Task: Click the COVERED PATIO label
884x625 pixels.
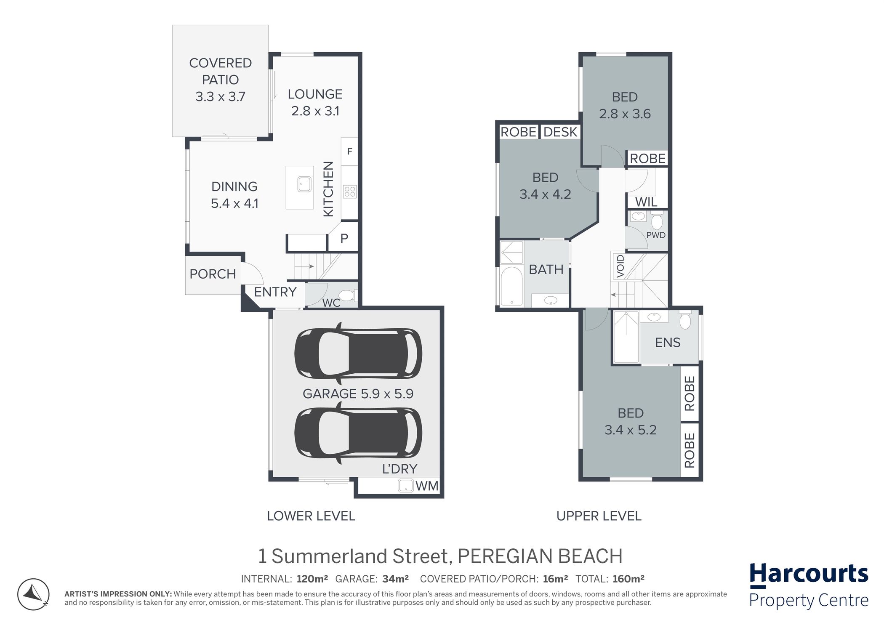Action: [x=220, y=71]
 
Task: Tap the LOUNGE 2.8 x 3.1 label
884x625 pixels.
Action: [x=315, y=102]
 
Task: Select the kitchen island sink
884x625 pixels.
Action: [x=304, y=184]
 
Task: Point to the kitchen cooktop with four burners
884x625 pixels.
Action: [x=350, y=192]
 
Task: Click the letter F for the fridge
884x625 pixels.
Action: [x=349, y=152]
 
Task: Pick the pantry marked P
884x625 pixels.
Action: [x=344, y=239]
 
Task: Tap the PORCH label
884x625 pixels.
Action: [x=213, y=274]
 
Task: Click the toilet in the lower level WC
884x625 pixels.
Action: [x=348, y=296]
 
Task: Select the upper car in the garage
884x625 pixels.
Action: [x=358, y=353]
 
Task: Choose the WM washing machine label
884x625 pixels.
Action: [x=427, y=486]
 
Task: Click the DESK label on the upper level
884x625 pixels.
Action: [x=560, y=132]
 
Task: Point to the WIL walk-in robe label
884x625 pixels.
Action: [x=646, y=202]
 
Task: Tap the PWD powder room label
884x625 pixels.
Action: [x=656, y=235]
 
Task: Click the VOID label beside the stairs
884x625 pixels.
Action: [x=620, y=266]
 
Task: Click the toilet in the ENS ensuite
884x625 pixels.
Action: [x=685, y=320]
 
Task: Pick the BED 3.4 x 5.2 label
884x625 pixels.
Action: [x=631, y=421]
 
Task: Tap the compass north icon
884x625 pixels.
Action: [x=33, y=594]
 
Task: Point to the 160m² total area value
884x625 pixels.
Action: [x=628, y=579]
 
